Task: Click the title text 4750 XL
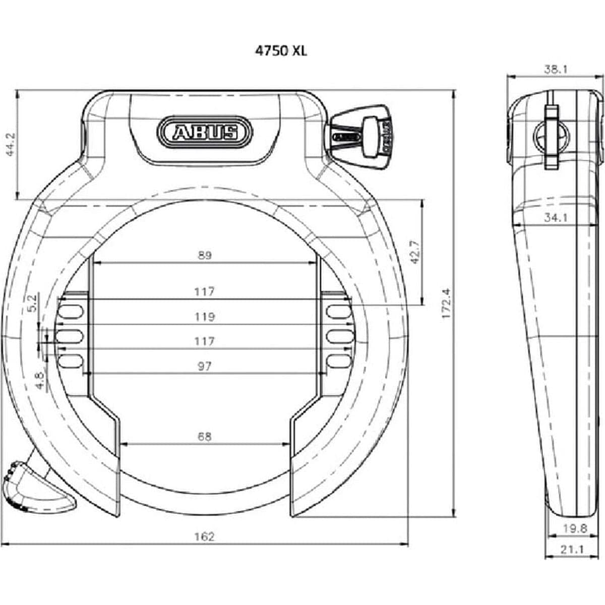281,50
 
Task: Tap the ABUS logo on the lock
205,132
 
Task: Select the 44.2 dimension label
10,145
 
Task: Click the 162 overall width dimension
204,536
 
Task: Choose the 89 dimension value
204,255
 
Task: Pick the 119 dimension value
204,317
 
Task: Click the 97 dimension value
204,366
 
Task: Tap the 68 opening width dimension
204,437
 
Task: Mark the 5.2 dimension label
31,304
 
